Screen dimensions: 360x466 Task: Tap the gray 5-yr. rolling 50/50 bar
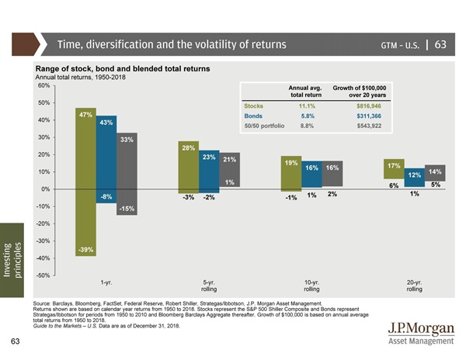(229, 170)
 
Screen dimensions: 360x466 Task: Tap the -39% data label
(85, 249)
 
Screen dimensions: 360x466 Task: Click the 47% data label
(86, 114)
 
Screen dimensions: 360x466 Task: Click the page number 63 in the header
(440, 44)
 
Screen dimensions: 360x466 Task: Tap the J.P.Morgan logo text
(420, 327)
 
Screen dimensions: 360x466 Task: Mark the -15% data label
(127, 209)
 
